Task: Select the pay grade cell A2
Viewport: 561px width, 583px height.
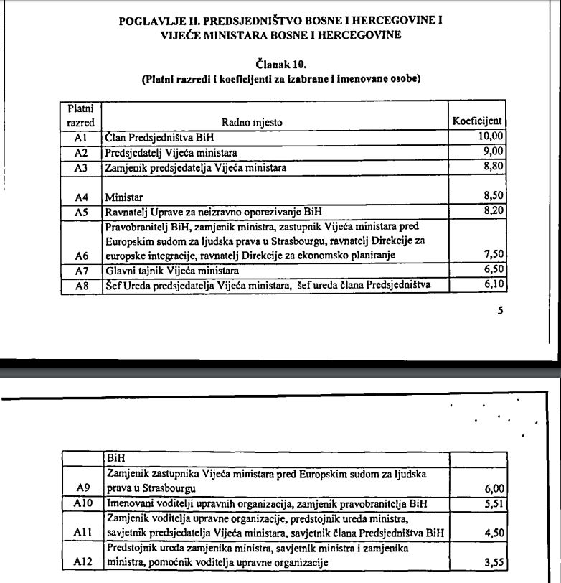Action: (80, 152)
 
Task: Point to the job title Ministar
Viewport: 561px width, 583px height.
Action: (123, 196)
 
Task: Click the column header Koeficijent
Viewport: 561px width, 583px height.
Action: (477, 121)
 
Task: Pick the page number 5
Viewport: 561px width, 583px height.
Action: (500, 311)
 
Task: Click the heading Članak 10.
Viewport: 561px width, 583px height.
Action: (280, 64)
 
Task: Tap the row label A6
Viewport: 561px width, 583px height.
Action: (80, 256)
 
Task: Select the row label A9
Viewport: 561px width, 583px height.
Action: (82, 488)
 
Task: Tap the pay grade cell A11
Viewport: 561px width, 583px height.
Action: (82, 532)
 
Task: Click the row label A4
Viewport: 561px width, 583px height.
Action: (80, 196)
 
